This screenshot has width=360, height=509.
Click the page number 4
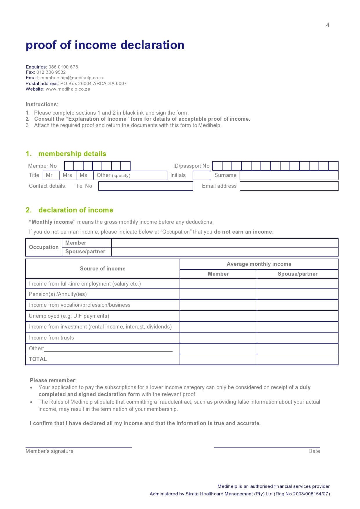pyautogui.click(x=328, y=25)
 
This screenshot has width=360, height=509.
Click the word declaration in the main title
pyautogui.click(x=152, y=45)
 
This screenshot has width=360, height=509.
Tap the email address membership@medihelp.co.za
pyautogui.click(x=72, y=78)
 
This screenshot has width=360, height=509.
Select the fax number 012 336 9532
pyautogui.click(x=51, y=72)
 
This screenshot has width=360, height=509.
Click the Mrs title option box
pyautogui.click(x=68, y=175)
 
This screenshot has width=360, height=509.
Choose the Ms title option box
pyautogui.click(x=84, y=175)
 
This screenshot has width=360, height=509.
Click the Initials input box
pyautogui.click(x=201, y=175)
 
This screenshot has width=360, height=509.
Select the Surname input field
pyautogui.click(x=289, y=175)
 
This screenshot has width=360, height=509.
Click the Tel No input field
pyautogui.click(x=146, y=186)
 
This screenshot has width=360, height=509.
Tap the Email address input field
pyautogui.click(x=289, y=186)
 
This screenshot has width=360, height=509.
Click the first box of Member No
pyautogui.click(x=69, y=166)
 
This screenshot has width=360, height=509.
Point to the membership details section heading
pyautogui.click(x=72, y=154)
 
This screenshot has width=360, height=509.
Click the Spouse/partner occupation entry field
pyautogui.click(x=225, y=252)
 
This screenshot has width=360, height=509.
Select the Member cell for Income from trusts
pyautogui.click(x=218, y=338)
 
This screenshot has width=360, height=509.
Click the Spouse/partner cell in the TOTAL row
pyautogui.click(x=297, y=359)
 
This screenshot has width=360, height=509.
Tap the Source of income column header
pyautogui.click(x=103, y=269)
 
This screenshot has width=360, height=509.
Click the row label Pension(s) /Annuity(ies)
pyautogui.click(x=58, y=294)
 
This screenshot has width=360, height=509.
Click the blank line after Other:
pyautogui.click(x=108, y=349)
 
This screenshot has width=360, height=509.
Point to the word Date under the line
pyautogui.click(x=314, y=451)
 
